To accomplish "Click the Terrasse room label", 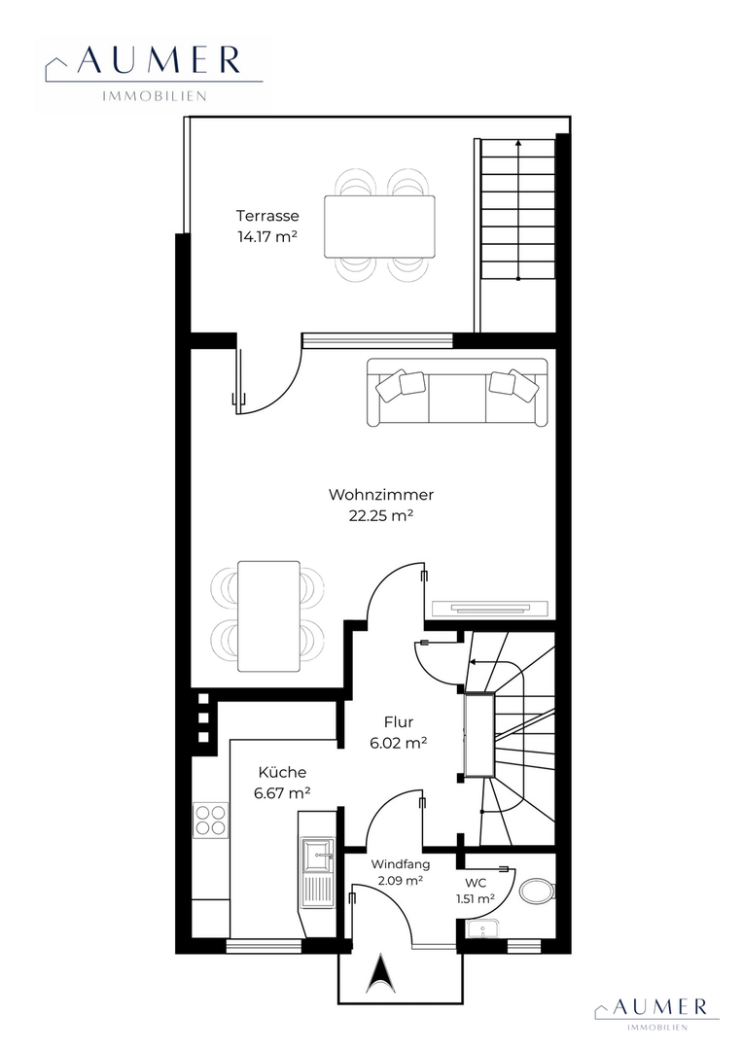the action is (267, 216).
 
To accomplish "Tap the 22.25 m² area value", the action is (380, 516).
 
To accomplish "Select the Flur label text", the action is (399, 721).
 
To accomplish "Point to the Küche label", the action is (282, 772).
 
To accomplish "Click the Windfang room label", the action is (401, 864).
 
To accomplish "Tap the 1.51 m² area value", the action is (476, 898).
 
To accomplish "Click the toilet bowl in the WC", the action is (538, 892).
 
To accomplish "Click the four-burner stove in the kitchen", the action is (210, 820).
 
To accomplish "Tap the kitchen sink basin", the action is (318, 856).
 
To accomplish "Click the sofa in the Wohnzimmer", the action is (458, 392).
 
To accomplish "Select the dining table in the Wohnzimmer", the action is (268, 616).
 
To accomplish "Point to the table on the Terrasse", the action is (379, 227).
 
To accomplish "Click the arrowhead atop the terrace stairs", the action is (518, 143).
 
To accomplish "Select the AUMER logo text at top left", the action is (159, 61).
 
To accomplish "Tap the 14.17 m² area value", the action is (267, 236).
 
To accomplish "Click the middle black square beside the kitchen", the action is (203, 717).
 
